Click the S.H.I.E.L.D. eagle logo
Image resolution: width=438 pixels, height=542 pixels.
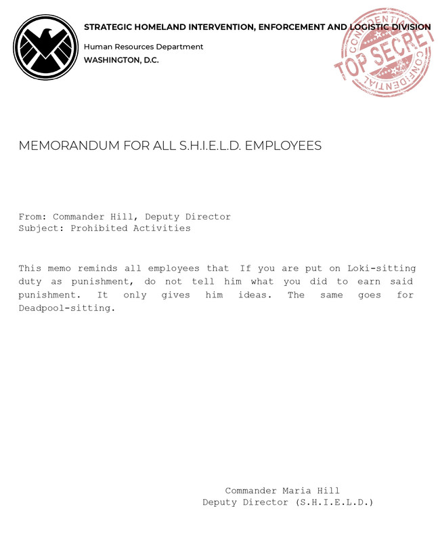click(46, 47)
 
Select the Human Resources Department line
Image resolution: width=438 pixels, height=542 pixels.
click(144, 47)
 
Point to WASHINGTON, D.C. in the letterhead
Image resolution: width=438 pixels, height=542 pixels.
click(121, 60)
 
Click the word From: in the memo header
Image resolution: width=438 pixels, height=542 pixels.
click(32, 217)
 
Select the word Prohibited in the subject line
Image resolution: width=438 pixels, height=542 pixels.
click(99, 228)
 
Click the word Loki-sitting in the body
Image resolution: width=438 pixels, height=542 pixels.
click(382, 268)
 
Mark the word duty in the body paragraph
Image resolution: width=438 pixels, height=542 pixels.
click(30, 282)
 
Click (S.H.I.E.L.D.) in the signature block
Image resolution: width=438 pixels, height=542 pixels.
click(334, 502)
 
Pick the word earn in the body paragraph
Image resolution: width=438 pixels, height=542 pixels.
click(370, 282)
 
